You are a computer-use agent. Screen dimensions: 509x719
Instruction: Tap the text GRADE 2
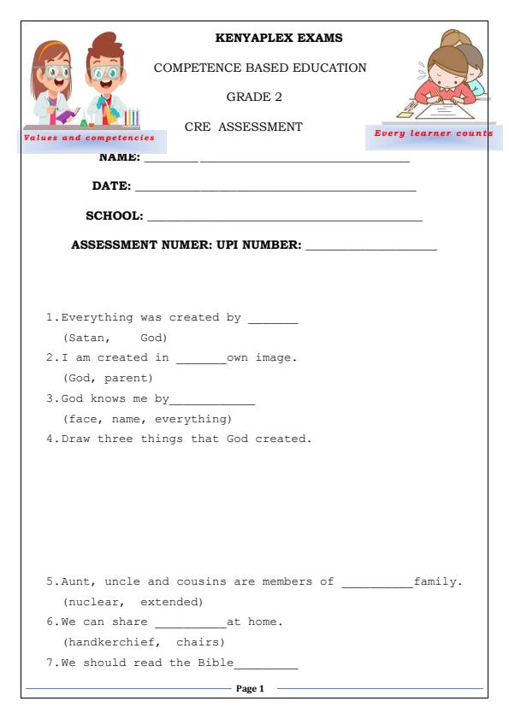(254, 97)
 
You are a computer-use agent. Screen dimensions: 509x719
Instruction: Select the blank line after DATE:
(275, 188)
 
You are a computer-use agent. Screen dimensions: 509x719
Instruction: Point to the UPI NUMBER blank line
(370, 248)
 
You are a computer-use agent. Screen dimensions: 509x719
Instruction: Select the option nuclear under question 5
(92, 601)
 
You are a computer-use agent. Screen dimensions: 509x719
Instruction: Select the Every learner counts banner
(434, 133)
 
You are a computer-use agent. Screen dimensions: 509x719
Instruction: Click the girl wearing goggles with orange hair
(54, 81)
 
